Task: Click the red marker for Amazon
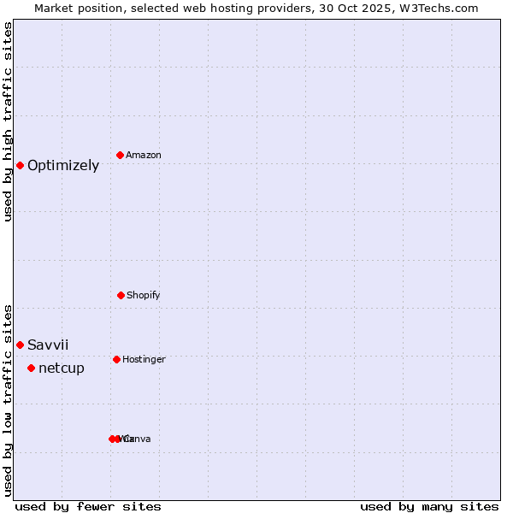click(120, 155)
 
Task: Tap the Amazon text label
click(144, 156)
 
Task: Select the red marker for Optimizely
click(20, 165)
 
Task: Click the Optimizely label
click(63, 166)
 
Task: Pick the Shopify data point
click(121, 295)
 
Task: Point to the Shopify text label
click(144, 296)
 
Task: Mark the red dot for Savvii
click(20, 345)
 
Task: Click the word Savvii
click(48, 345)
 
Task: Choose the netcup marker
click(31, 368)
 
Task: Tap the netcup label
click(62, 369)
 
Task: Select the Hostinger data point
click(116, 359)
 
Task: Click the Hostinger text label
click(144, 360)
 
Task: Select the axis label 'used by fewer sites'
click(88, 506)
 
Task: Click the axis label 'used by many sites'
click(429, 506)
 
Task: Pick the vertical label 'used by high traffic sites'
click(9, 121)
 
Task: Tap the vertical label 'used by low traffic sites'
click(9, 399)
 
